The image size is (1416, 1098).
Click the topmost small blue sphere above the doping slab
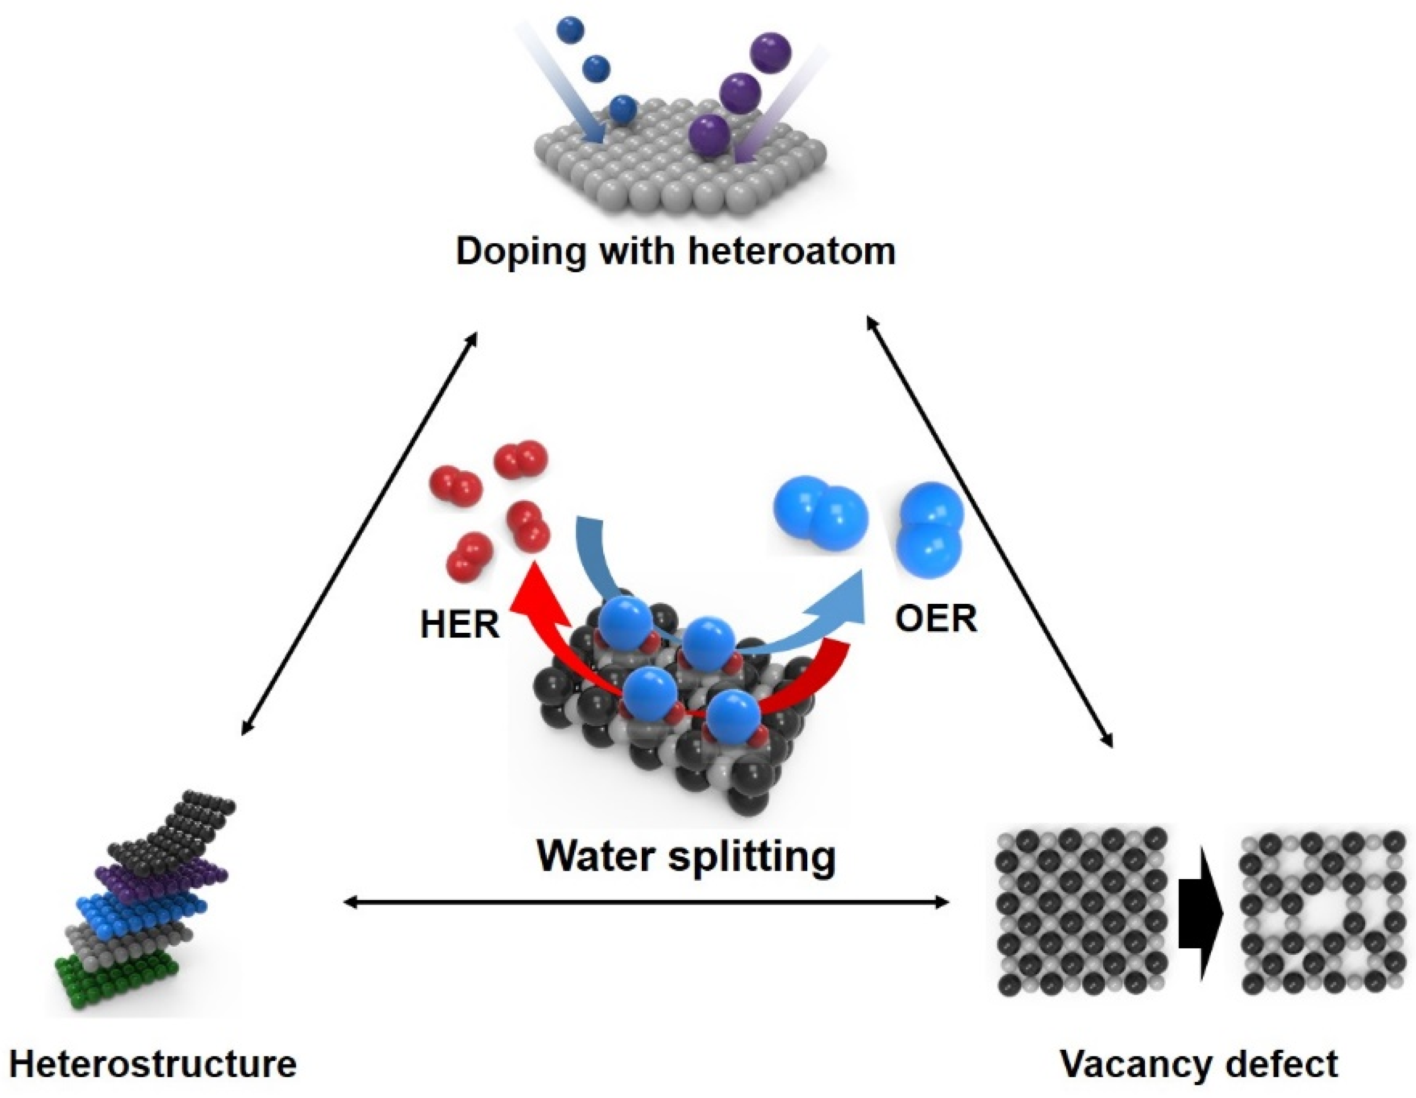click(x=571, y=29)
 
